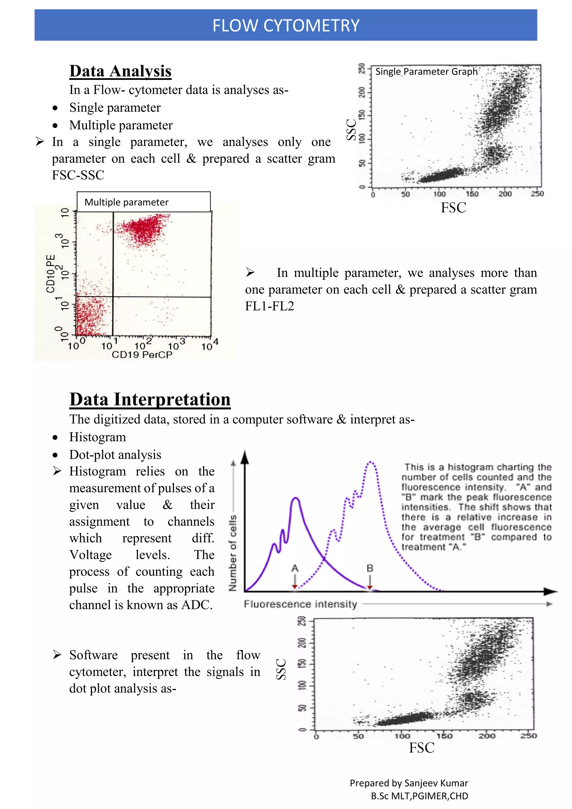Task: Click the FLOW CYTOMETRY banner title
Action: (x=286, y=25)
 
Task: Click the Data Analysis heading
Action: (x=120, y=71)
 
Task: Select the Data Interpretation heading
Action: (x=150, y=399)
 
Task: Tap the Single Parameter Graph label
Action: (x=426, y=72)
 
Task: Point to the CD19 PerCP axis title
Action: (x=142, y=354)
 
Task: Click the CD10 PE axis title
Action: (x=51, y=274)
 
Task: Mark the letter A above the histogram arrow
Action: (x=295, y=568)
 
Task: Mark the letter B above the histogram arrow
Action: (x=370, y=568)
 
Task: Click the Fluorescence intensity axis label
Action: (x=301, y=604)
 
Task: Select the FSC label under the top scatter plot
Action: (x=453, y=208)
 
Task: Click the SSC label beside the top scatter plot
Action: (x=351, y=130)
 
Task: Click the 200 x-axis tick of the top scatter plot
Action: (x=505, y=194)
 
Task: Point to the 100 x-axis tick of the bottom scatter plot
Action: (x=402, y=736)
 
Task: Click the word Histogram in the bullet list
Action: (x=97, y=437)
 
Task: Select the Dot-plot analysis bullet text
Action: (x=115, y=455)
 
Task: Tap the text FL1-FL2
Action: (x=270, y=306)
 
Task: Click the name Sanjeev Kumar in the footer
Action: (x=436, y=783)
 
